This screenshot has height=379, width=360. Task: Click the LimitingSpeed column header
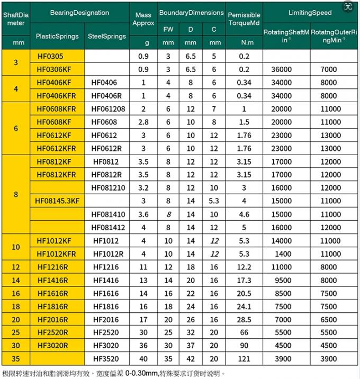point(310,12)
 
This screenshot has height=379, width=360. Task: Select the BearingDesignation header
point(79,12)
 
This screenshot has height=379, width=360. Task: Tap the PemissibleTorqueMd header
point(244,19)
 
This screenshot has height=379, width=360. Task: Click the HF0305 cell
point(50,56)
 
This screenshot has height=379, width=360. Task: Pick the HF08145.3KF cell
point(57,201)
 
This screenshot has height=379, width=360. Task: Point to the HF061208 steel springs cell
point(108,109)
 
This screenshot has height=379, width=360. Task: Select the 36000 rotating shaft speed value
point(281,69)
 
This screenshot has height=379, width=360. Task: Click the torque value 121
point(244,359)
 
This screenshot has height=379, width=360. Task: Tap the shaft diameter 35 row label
point(15,359)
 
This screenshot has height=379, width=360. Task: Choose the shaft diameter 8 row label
point(15,194)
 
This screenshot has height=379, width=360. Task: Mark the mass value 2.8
point(143,122)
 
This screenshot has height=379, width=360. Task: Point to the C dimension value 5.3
point(214,201)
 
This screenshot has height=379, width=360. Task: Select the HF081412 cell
point(108,228)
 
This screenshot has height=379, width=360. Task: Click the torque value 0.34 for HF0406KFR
point(244,96)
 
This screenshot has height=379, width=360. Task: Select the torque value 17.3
point(244,281)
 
